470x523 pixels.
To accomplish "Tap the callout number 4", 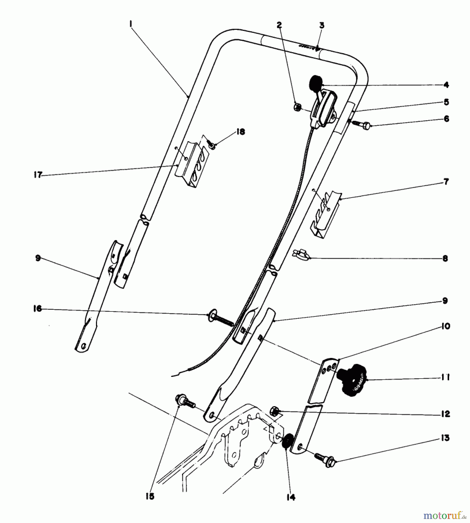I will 446,85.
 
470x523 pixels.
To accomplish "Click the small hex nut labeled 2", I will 297,107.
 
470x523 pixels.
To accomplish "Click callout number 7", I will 446,182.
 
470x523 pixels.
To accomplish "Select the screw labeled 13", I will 325,459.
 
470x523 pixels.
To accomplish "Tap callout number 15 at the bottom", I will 150,496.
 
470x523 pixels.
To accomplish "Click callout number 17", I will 38,175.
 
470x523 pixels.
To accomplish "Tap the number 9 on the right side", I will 445,301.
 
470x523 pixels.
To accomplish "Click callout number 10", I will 445,326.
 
